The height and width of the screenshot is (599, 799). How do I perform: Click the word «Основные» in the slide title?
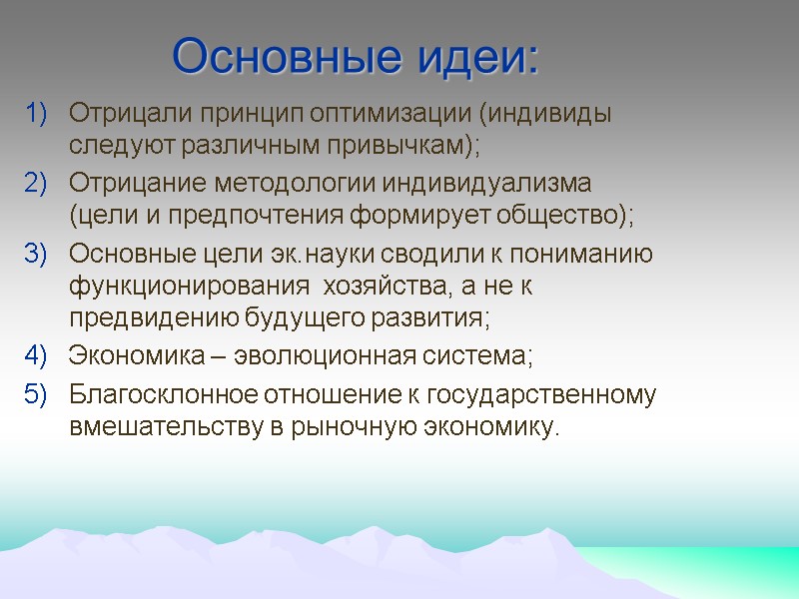point(280,57)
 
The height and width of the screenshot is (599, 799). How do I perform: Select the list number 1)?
point(36,113)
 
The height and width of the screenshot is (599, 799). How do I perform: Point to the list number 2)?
point(36,184)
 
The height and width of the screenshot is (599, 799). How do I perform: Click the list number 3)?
point(36,255)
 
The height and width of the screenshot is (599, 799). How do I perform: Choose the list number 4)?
point(36,355)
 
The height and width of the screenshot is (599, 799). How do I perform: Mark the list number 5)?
point(36,395)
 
